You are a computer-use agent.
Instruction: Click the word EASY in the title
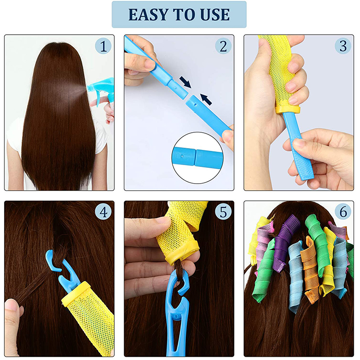coord(149,15)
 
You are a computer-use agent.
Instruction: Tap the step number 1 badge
coord(103,46)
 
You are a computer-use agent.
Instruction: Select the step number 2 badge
coord(223,46)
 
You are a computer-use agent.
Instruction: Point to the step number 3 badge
coord(343,46)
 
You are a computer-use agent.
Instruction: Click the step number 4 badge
coord(103,211)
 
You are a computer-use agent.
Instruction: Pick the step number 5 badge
coord(223,211)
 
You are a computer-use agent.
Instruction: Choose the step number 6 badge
coord(343,211)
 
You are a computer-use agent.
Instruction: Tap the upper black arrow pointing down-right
coord(185,82)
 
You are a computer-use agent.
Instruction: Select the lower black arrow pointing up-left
coord(206,99)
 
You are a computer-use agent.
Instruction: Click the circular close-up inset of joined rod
coord(198,158)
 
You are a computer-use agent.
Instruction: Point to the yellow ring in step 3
coord(288,110)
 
